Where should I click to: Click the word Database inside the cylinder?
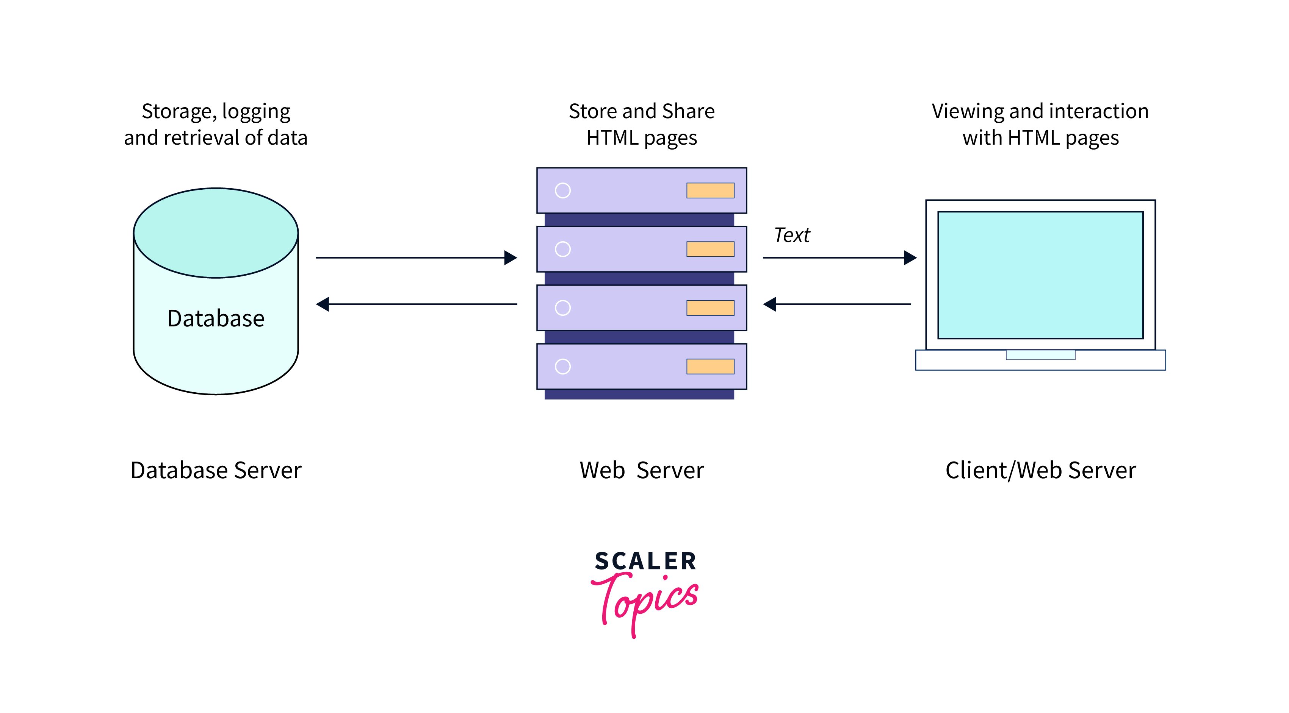(216, 318)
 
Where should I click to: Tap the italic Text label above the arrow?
(792, 235)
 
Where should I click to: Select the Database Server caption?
(216, 470)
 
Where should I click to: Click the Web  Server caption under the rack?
(642, 470)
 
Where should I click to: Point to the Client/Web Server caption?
(1040, 470)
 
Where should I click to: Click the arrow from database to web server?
(415, 257)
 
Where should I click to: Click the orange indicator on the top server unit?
(710, 190)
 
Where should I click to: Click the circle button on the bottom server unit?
(562, 367)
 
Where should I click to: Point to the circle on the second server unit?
(562, 249)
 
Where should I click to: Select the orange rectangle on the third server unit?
(710, 308)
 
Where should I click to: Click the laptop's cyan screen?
(1040, 275)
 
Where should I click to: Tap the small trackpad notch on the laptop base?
(1040, 355)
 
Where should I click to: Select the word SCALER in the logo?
(645, 561)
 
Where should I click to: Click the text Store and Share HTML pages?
(642, 124)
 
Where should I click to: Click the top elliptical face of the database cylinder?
(216, 232)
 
